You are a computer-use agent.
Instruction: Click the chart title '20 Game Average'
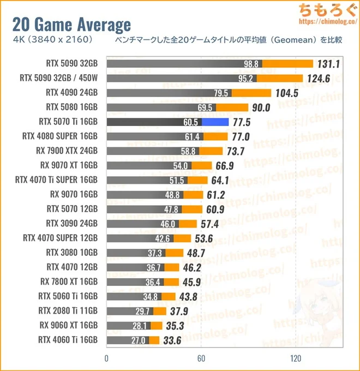click(71, 24)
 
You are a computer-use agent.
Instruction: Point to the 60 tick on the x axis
click(201, 358)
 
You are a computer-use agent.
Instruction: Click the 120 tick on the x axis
click(296, 358)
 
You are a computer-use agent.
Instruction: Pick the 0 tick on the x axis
click(106, 358)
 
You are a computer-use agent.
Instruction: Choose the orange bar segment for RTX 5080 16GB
click(232, 107)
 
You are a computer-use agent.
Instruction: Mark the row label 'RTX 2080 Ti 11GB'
click(68, 311)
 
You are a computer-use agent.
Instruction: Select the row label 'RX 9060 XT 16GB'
click(69, 326)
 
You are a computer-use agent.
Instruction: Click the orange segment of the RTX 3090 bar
click(188, 224)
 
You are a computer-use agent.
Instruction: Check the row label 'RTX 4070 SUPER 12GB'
click(61, 238)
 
